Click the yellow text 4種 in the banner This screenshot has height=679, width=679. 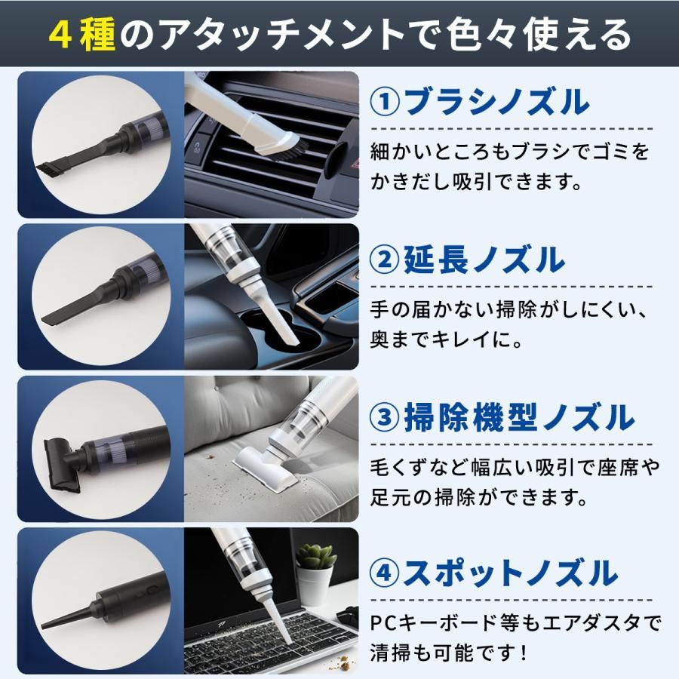click(x=81, y=35)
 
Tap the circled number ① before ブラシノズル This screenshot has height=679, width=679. click(x=386, y=101)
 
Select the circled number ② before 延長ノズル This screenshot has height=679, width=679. click(x=385, y=260)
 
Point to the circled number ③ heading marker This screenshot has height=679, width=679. click(x=385, y=416)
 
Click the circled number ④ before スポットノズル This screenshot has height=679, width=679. click(x=385, y=572)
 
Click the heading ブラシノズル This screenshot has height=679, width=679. click(x=497, y=101)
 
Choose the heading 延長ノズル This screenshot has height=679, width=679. click(x=484, y=260)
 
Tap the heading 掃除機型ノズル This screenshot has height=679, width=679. click(x=519, y=416)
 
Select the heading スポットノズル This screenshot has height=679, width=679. click(x=510, y=572)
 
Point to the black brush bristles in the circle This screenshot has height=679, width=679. click(x=49, y=168)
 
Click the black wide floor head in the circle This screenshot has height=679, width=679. click(x=60, y=465)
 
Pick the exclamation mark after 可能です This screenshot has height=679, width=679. click(x=525, y=652)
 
